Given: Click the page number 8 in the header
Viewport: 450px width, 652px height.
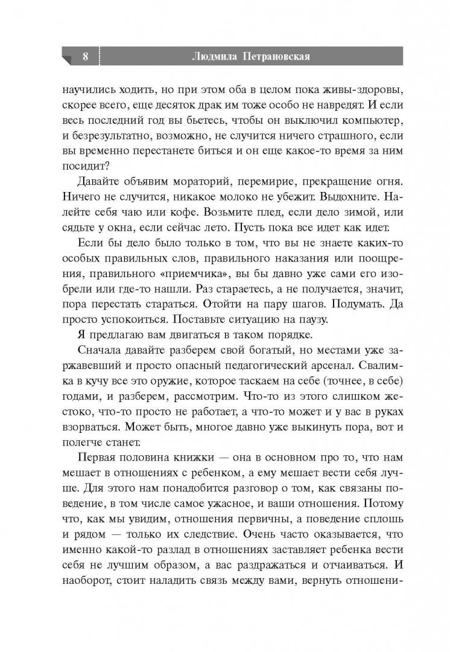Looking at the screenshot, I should pos(85,57).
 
